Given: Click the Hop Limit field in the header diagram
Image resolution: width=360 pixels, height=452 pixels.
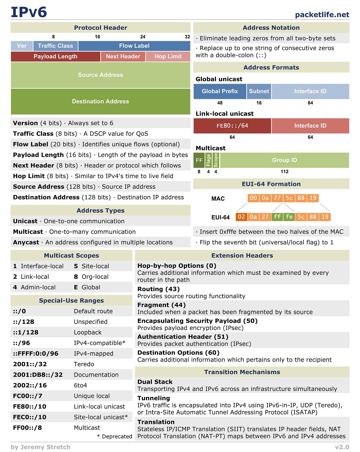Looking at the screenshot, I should (168, 56).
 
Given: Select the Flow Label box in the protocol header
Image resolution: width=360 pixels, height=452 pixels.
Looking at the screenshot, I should (134, 46).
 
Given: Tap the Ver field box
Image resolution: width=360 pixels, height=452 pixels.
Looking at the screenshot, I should (22, 46).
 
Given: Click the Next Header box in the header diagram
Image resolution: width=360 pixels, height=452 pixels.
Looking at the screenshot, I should (123, 56).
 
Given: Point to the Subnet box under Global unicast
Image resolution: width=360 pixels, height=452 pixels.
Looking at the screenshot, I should (259, 91).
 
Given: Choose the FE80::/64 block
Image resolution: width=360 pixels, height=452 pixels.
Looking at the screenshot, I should (232, 126).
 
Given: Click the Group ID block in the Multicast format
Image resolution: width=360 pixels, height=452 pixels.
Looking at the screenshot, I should (284, 160).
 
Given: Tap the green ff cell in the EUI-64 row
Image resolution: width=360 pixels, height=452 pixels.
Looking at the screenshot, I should (277, 217).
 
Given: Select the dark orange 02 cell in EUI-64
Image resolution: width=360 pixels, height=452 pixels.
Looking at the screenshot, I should (241, 217).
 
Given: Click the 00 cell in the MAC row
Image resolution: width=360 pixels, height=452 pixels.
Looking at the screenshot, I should (253, 198).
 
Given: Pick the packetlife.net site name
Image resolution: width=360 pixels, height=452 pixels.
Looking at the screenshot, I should (322, 15).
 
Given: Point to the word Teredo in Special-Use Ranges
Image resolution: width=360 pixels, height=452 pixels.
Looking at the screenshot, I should (84, 364).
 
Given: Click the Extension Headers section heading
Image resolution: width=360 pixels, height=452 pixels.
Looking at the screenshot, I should (242, 256).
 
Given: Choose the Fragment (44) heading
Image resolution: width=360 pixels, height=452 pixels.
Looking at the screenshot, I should (162, 305).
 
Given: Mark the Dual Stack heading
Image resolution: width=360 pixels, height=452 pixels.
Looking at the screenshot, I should (155, 382).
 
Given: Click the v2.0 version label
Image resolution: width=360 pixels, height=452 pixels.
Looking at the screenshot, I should (342, 447).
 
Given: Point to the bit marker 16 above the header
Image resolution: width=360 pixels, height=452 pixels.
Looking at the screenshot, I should (97, 37).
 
